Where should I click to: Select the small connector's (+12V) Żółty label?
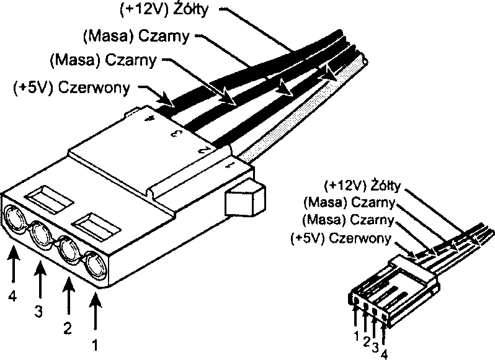click(x=363, y=186)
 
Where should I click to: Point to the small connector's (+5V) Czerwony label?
click(x=340, y=238)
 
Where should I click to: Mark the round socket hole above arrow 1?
click(x=96, y=266)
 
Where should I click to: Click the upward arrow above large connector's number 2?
click(x=68, y=297)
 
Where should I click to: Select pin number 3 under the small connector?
click(x=376, y=348)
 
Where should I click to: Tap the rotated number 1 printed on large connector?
click(x=230, y=165)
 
